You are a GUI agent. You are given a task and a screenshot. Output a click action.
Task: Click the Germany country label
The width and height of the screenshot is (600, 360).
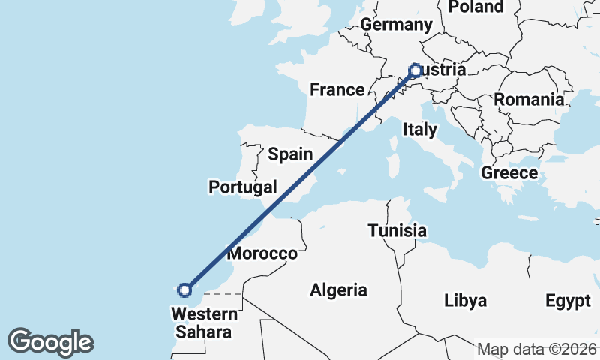(x=396, y=25)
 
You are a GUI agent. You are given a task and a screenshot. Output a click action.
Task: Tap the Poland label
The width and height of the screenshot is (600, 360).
(x=475, y=7)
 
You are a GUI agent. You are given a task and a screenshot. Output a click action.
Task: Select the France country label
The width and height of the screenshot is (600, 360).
(x=337, y=90)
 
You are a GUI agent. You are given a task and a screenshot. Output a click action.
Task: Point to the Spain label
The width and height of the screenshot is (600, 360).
(x=290, y=154)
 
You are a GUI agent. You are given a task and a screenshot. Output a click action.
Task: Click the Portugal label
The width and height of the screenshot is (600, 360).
(x=244, y=187)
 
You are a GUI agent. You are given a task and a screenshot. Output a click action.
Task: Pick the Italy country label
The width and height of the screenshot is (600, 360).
(x=419, y=130)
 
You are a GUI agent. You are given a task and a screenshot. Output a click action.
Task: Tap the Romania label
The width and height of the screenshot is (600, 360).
(x=528, y=99)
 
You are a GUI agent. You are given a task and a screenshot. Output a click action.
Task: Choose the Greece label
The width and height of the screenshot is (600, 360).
(x=509, y=173)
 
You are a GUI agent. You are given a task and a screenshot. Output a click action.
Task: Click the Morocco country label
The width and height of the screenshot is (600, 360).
(x=262, y=253)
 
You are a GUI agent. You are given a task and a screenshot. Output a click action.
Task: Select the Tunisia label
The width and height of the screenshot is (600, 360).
(x=397, y=231)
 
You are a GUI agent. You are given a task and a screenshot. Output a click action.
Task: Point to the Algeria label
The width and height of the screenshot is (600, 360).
(x=339, y=290)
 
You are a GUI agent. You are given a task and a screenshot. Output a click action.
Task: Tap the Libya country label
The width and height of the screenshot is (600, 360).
(x=465, y=301)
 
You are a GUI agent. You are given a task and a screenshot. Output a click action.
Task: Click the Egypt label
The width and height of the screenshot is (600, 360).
(x=568, y=301)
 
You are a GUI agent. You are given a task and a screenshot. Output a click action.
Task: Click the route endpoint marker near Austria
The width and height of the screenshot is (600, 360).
(x=415, y=70)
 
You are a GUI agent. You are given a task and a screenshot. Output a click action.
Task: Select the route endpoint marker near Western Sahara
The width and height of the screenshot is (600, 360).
(x=184, y=289)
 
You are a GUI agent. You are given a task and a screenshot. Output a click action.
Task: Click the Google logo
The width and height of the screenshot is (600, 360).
(x=50, y=342)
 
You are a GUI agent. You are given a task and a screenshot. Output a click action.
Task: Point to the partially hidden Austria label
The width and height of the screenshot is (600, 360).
(x=443, y=70)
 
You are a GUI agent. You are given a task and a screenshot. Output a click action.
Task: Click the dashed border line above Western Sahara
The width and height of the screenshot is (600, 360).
(x=222, y=294)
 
